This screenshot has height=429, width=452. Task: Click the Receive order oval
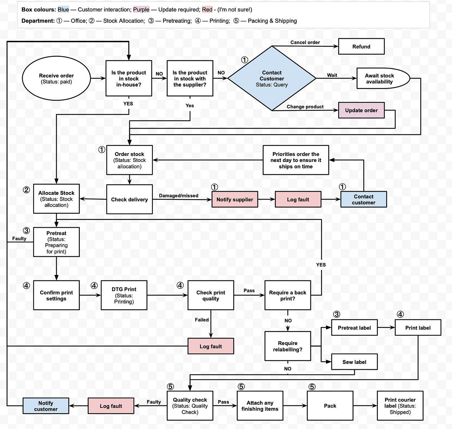tap(56, 78)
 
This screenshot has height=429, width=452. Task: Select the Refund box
tap(361, 46)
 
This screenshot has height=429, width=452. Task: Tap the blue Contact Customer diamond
tap(272, 78)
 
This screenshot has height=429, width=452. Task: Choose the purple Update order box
tap(361, 110)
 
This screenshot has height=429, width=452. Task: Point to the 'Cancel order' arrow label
tap(305, 42)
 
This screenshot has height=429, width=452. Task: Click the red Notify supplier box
tap(234, 199)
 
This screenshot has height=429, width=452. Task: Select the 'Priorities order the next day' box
tap(296, 160)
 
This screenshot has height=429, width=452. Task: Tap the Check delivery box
tap(129, 199)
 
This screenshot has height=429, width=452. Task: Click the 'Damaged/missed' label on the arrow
tap(179, 196)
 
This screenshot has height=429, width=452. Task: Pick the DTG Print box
tap(124, 295)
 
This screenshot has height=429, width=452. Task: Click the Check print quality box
tap(210, 295)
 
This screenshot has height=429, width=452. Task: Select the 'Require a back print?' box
tap(287, 295)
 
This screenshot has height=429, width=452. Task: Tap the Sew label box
tap(354, 362)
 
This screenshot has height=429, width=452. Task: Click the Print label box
tap(418, 327)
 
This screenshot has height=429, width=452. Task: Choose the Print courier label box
tap(400, 406)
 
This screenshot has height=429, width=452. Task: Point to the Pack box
tap(330, 406)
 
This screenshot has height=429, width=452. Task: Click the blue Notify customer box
tap(45, 406)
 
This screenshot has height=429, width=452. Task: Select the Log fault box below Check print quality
tap(210, 346)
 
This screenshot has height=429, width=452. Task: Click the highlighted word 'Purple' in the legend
tap(141, 10)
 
